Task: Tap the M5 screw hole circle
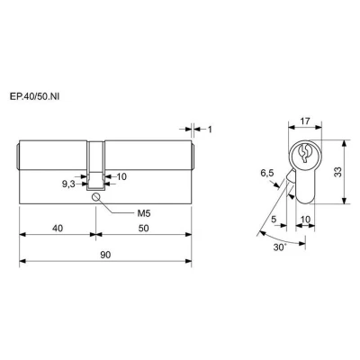(x=96, y=197)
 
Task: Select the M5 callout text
(x=143, y=213)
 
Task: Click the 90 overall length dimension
(x=105, y=255)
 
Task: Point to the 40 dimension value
(x=58, y=229)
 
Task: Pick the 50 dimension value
(x=144, y=229)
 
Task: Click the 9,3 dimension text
(x=68, y=184)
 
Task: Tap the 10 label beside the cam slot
(x=121, y=176)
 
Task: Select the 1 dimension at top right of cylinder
(x=210, y=130)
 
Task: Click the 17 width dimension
(x=305, y=121)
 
